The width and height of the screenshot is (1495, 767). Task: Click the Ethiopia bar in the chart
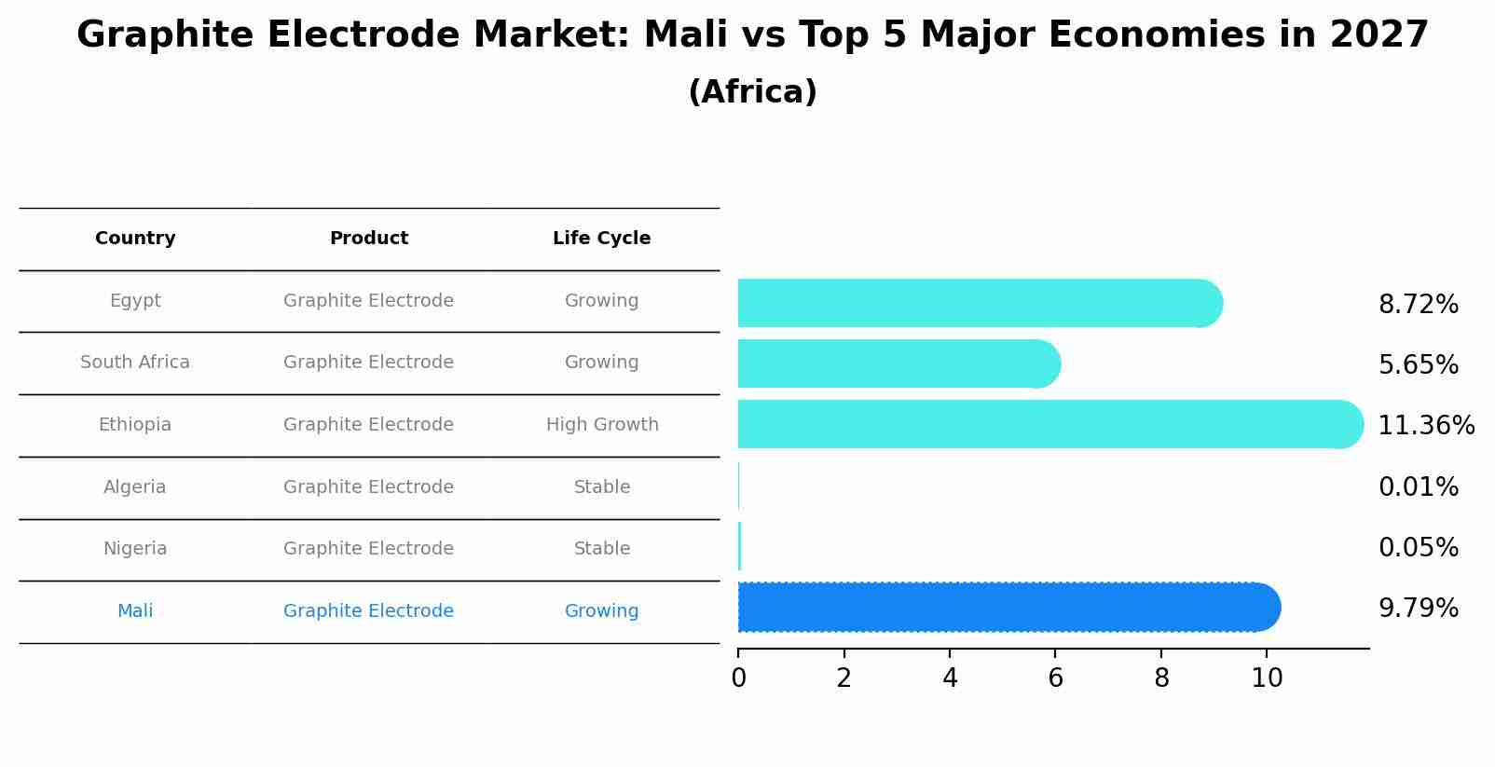coord(1044,424)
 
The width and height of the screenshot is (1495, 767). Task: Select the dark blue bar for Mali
coord(1007,608)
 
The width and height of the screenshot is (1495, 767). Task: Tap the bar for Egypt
coord(979,303)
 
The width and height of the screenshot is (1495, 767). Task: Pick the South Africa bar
coord(895,363)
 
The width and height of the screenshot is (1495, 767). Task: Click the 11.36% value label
coord(1425,426)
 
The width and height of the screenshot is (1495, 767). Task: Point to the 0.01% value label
coord(1418,487)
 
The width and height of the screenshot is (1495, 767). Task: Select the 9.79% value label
coord(1418,609)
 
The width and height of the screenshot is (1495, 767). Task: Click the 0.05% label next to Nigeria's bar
coord(1418,548)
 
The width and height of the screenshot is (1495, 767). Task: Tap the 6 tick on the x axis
coord(1055,678)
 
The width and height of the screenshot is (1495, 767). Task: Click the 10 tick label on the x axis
coord(1267,678)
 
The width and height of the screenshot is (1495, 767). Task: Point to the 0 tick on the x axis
coord(738,678)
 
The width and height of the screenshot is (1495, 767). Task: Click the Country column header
coord(135,239)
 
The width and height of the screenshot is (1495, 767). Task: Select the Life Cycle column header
coord(601,239)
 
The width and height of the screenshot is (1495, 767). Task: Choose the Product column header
coord(369,239)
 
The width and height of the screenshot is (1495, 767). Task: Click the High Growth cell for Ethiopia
coord(602,425)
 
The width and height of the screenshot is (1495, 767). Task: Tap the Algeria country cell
coord(135,487)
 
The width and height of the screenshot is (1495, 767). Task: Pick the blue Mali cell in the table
coord(135,611)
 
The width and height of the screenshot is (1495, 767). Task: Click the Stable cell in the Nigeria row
coord(602,549)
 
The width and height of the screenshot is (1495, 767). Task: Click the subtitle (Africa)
coord(752,92)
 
